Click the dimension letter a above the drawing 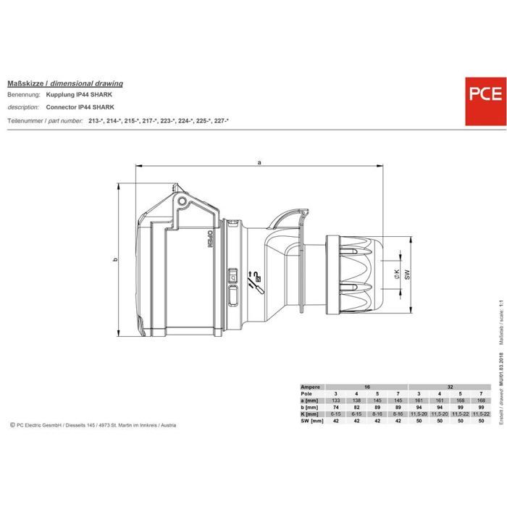pos(259,162)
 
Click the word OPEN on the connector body pos(209,239)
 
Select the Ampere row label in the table pos(312,387)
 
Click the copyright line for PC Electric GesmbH pos(94,425)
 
